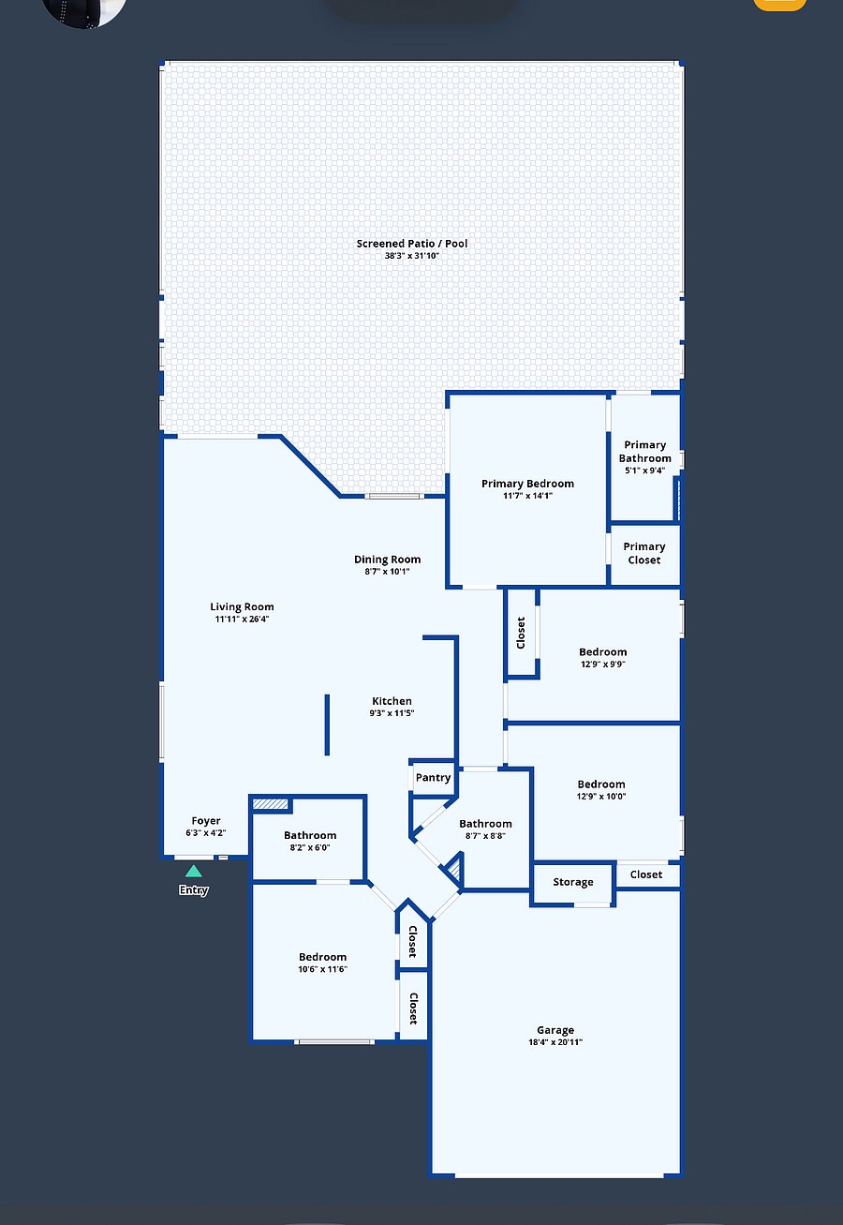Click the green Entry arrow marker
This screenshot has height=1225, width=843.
pos(194,871)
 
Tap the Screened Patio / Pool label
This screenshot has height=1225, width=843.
pos(411,244)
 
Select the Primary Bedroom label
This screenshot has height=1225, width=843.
pos(527,484)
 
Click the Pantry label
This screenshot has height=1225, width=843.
pos(433,777)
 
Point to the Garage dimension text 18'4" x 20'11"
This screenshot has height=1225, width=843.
pos(555,1042)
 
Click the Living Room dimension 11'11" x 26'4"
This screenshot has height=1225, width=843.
pos(242,619)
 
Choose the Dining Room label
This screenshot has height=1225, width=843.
pos(387,560)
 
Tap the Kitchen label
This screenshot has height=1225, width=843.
pos(392,700)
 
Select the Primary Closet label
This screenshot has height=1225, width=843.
pos(644,553)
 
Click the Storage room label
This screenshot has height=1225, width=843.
pos(573,882)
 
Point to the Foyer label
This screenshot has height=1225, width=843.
pos(205,820)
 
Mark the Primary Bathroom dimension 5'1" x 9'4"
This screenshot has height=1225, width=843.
pos(645,471)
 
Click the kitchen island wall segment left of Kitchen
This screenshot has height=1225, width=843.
pos(327,725)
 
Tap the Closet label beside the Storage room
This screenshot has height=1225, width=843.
pos(646,874)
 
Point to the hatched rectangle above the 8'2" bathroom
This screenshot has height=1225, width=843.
pos(270,804)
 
